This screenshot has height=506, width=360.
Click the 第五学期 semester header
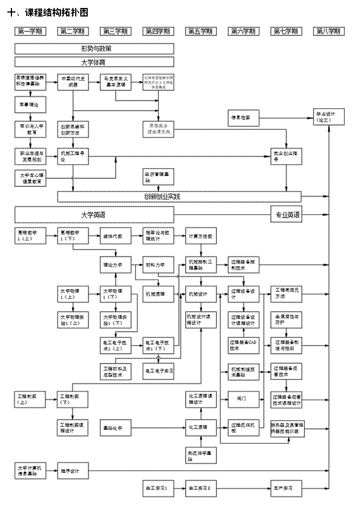pyautogui.click(x=200, y=31)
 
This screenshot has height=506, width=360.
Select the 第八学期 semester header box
pyautogui.click(x=329, y=31)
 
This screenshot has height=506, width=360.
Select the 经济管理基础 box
pyautogui.click(x=157, y=177)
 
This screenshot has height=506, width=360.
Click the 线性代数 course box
pyautogui.click(x=115, y=236)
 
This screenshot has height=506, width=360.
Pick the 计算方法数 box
pyautogui.click(x=201, y=236)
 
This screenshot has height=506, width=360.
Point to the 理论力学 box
pyautogui.click(x=115, y=265)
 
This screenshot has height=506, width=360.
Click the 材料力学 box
pyautogui.click(x=157, y=265)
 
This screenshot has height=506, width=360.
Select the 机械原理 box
pyautogui.click(x=157, y=294)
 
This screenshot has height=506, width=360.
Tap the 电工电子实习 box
pyautogui.click(x=157, y=371)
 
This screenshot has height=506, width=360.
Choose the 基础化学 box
pyautogui.click(x=115, y=427)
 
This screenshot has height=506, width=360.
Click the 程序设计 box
pyautogui.click(x=72, y=471)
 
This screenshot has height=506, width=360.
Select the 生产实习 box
pyautogui.click(x=286, y=488)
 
